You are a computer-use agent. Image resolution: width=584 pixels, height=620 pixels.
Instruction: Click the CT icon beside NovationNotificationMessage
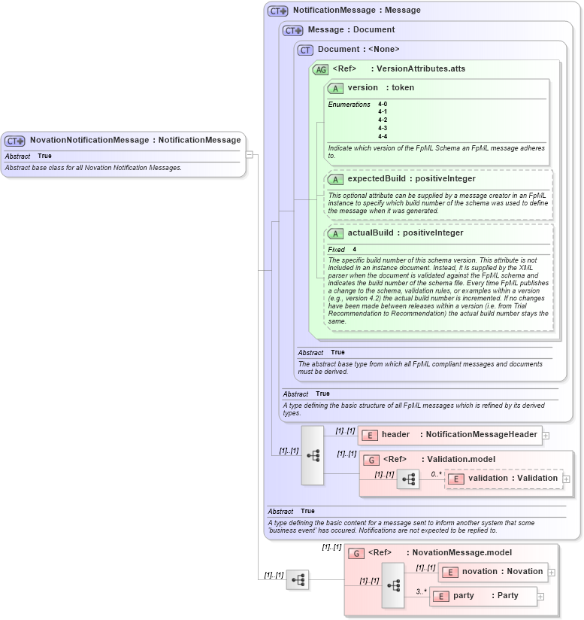click(x=15, y=141)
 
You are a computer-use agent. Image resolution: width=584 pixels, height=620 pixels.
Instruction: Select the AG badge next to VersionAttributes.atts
click(x=321, y=69)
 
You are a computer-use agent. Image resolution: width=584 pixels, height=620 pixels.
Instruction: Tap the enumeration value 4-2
click(x=383, y=120)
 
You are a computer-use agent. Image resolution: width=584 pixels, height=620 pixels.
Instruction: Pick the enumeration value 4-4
click(x=383, y=136)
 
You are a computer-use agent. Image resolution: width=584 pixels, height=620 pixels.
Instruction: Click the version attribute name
click(x=362, y=88)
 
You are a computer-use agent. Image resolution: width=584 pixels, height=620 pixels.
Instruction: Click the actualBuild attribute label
click(x=374, y=233)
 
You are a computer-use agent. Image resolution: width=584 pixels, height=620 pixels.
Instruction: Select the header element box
click(x=449, y=435)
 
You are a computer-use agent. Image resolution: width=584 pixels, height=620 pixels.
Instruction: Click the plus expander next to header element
click(x=546, y=435)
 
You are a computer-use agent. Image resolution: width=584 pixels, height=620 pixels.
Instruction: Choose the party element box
click(x=483, y=596)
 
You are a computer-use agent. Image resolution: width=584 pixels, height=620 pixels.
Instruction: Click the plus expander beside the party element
click(x=540, y=596)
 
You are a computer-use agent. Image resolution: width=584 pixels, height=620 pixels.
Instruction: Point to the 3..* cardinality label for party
click(x=422, y=591)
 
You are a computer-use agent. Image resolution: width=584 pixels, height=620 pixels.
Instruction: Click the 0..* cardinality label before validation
click(x=436, y=474)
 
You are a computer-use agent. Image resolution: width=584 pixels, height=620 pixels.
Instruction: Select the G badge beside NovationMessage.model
click(x=356, y=553)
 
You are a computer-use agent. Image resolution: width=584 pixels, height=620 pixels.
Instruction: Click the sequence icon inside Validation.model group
click(x=408, y=479)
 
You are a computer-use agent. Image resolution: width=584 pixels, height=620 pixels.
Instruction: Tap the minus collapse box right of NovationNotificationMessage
click(x=250, y=155)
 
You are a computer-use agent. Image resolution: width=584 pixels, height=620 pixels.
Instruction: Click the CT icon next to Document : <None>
click(x=305, y=50)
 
